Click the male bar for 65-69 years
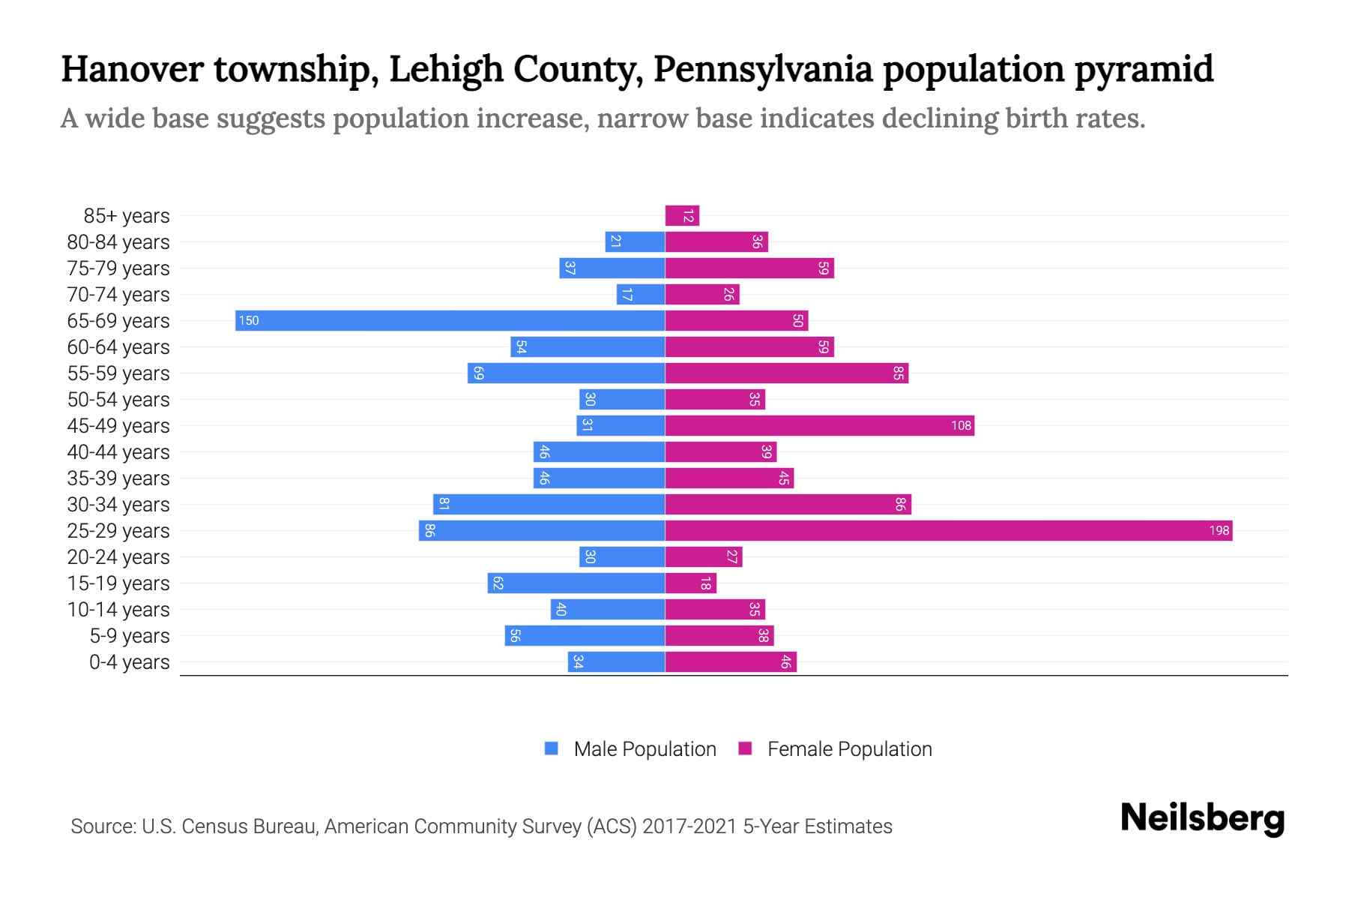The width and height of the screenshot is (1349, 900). tap(450, 321)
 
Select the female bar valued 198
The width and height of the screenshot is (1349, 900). tap(948, 531)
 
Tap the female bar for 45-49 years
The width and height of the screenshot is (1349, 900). tap(819, 426)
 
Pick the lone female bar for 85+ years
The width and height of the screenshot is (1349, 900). tap(682, 216)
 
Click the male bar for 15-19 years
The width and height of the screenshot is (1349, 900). tap(576, 583)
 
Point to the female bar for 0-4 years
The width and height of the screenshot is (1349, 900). tap(731, 662)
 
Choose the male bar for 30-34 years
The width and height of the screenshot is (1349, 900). tap(549, 505)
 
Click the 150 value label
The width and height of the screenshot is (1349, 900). tap(249, 321)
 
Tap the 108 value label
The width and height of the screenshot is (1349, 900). tap(961, 426)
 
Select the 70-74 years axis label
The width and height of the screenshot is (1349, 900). tap(118, 295)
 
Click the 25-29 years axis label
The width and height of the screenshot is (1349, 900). tap(118, 531)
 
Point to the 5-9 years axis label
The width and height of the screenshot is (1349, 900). tap(130, 636)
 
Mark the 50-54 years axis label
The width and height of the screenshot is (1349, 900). tap(118, 400)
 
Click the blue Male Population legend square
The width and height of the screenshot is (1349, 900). tap(552, 748)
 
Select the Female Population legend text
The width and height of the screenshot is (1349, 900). tap(849, 749)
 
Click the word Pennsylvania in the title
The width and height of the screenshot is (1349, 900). tap(762, 69)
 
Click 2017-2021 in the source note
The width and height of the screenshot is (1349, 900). tap(689, 826)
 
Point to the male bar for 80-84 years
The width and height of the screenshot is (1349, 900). tap(635, 242)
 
